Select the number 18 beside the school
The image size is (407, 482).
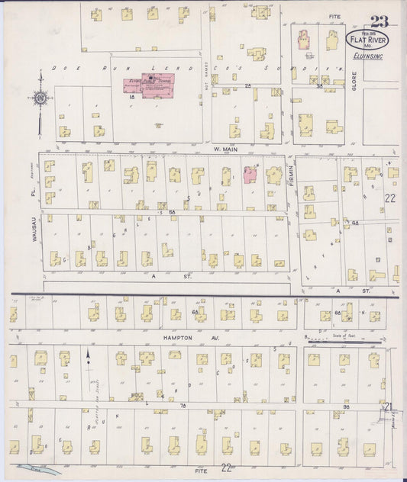pos(132,98)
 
